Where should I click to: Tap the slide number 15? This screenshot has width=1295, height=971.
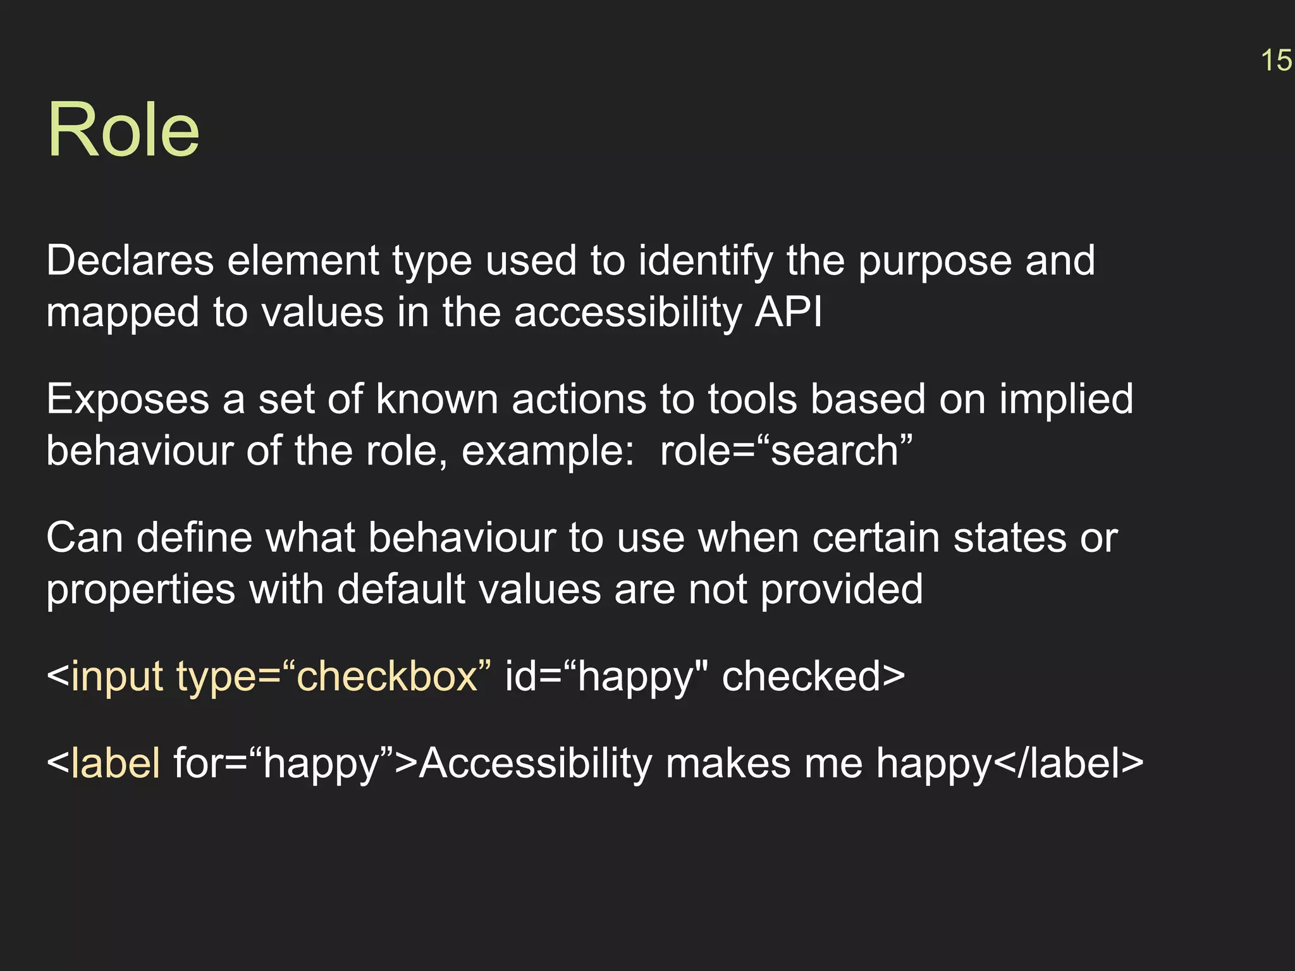tap(1276, 61)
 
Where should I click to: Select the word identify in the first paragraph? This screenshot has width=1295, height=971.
tap(705, 261)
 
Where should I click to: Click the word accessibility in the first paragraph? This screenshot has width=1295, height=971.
tap(627, 312)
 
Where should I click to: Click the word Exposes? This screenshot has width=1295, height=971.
tap(128, 400)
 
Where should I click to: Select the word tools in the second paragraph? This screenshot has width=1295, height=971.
tap(752, 400)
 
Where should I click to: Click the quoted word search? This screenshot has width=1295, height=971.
tap(835, 451)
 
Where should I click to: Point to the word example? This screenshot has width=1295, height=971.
tap(548, 451)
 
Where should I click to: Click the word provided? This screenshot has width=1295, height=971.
tap(841, 590)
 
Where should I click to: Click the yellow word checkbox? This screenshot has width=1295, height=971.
tap(386, 676)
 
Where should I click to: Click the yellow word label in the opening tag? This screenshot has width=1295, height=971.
tap(116, 762)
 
